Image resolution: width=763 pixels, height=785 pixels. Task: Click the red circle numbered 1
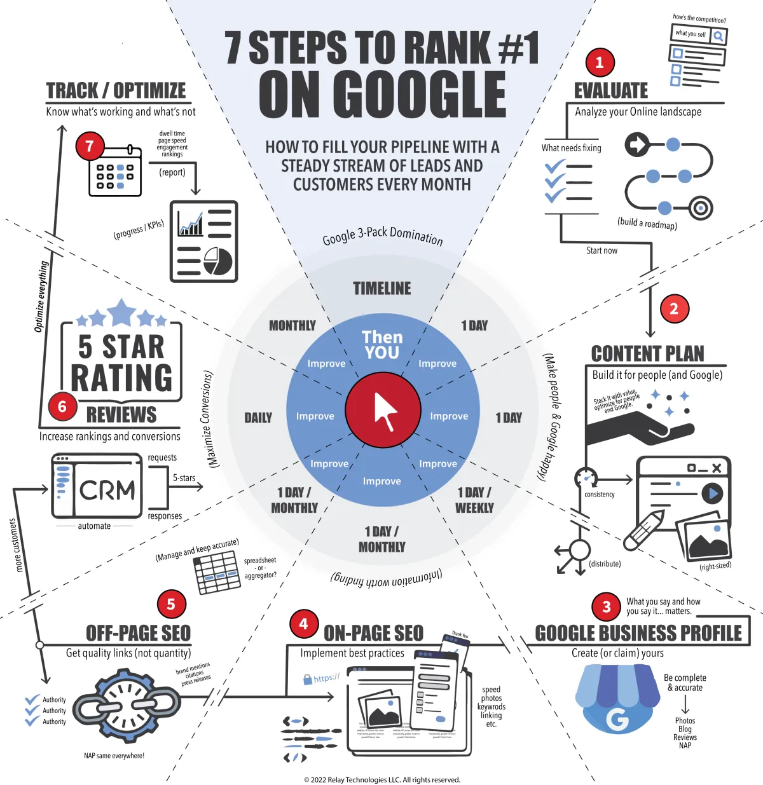click(x=599, y=62)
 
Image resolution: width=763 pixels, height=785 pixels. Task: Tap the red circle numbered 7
click(x=90, y=146)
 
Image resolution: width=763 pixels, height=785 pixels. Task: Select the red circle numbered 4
click(x=303, y=624)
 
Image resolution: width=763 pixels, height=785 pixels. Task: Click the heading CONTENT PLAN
click(x=647, y=353)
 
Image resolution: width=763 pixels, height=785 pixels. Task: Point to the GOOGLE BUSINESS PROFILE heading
click(x=638, y=633)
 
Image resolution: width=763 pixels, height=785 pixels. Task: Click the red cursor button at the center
click(x=383, y=410)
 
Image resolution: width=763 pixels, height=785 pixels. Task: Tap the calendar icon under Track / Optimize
click(x=115, y=172)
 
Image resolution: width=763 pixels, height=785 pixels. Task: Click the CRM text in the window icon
click(x=107, y=490)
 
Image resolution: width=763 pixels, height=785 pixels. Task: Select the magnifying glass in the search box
click(x=718, y=36)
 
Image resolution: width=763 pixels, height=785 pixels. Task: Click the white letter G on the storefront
click(x=617, y=719)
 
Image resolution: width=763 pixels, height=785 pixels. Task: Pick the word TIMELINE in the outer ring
click(x=382, y=289)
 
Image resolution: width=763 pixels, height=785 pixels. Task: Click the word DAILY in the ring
click(x=258, y=418)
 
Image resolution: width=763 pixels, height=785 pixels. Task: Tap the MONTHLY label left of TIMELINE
click(x=292, y=325)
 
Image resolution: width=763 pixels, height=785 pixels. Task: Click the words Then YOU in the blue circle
click(x=382, y=345)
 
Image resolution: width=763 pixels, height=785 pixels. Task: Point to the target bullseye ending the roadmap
click(x=701, y=207)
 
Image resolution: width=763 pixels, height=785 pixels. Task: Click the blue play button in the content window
click(x=712, y=493)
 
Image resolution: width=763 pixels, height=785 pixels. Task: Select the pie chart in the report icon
click(x=218, y=261)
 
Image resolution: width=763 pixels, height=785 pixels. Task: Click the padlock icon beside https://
click(x=307, y=679)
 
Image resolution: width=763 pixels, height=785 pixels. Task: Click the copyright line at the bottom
click(x=381, y=779)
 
